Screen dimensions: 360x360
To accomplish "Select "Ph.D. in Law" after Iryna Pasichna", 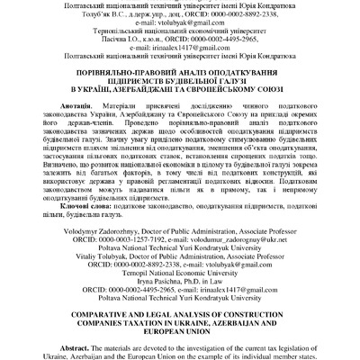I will coord(203,284).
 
